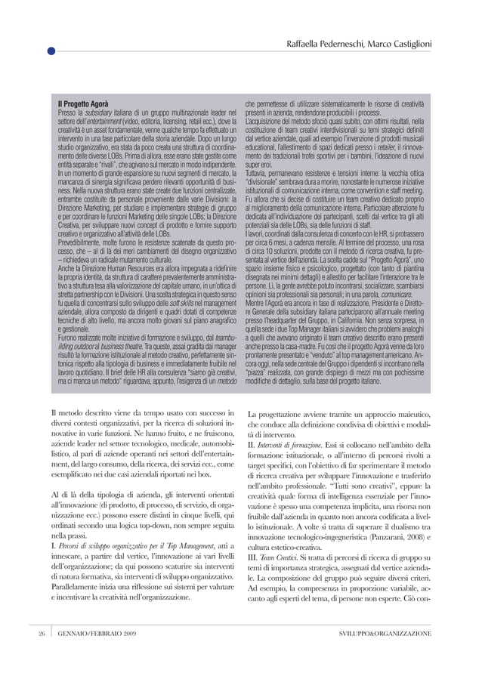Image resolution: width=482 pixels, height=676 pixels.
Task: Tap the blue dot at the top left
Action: point(50,51)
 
